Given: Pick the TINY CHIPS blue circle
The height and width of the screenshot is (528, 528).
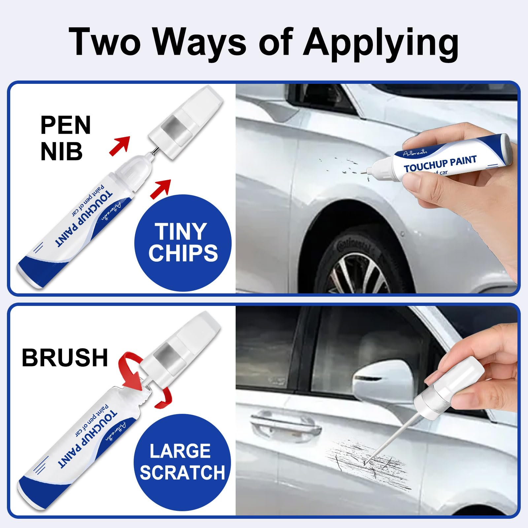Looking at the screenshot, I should (183, 243).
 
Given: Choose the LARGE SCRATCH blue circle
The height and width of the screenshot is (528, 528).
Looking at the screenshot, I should (182, 462).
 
